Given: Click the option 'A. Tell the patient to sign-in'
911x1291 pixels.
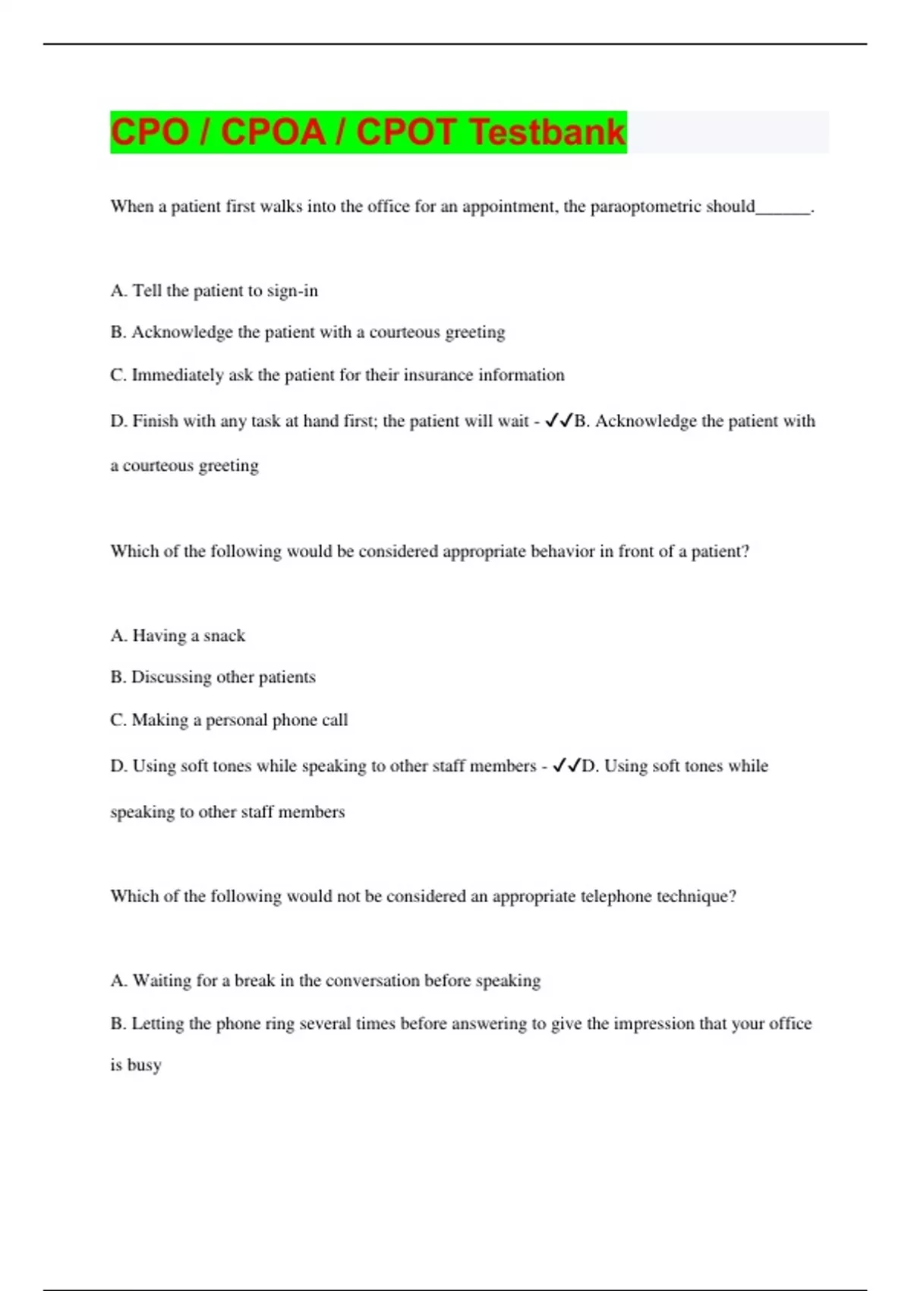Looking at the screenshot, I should [x=214, y=291].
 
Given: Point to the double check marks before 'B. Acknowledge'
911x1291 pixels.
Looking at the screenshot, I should [x=559, y=421].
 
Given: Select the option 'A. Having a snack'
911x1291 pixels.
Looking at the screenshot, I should [x=178, y=636].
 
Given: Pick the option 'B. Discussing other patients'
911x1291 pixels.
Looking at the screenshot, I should [x=213, y=677].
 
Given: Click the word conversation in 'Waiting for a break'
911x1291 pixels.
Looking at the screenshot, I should [x=372, y=980].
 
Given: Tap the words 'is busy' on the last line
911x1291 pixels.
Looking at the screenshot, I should [x=136, y=1065].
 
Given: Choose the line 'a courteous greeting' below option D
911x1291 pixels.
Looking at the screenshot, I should [x=184, y=466].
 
